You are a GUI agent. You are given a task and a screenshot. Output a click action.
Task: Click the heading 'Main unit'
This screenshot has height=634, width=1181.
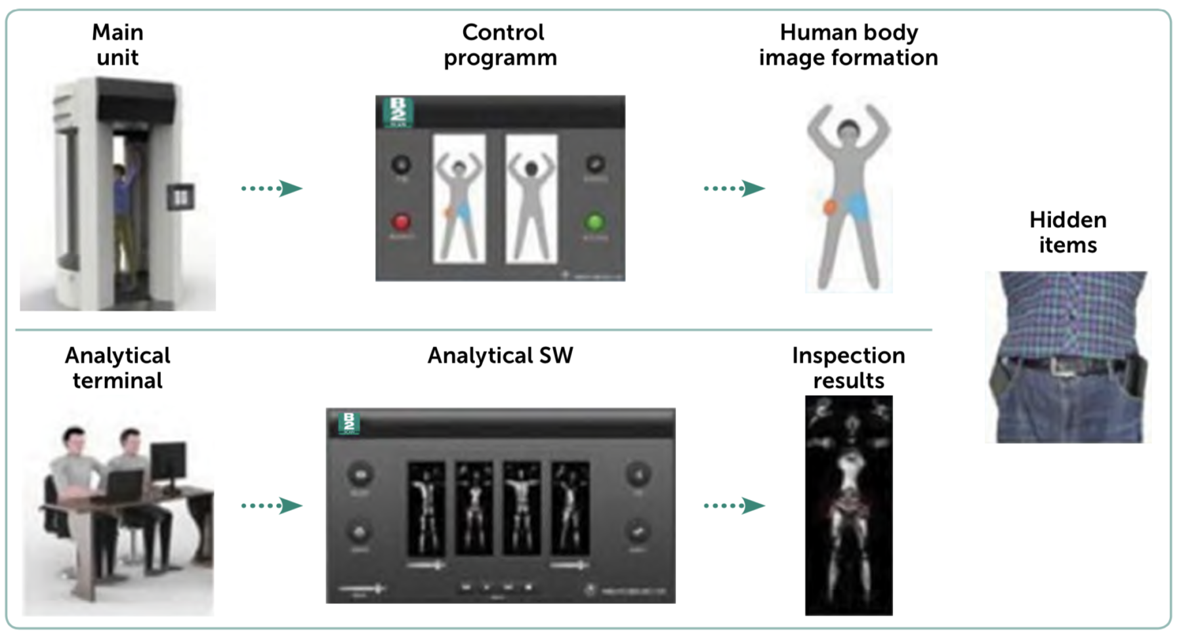(117, 45)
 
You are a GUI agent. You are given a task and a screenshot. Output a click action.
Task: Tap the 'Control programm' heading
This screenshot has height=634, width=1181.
(502, 45)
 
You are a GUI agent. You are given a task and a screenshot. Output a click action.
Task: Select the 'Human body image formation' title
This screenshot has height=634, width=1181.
(848, 45)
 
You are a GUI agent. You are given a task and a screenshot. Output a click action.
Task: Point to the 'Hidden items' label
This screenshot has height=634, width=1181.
(1067, 232)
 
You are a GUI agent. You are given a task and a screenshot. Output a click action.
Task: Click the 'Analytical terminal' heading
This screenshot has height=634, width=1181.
(117, 368)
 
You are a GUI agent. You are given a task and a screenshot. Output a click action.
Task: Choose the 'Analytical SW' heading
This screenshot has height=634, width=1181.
(500, 356)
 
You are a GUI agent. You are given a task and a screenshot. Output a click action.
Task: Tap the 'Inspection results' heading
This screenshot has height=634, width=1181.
(848, 368)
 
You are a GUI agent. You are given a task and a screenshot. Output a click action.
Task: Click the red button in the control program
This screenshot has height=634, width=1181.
(401, 222)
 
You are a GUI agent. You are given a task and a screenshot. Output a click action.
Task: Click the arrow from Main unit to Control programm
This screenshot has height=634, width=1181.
(272, 188)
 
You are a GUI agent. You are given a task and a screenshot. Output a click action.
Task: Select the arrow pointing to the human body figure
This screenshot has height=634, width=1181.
(735, 188)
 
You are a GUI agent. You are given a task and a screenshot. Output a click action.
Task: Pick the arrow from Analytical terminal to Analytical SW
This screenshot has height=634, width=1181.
(272, 505)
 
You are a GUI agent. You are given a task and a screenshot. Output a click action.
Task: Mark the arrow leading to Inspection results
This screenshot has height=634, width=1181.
(735, 505)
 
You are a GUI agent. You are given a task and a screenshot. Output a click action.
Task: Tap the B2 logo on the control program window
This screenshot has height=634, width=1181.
(398, 112)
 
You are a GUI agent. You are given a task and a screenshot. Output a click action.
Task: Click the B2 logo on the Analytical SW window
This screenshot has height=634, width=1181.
(349, 423)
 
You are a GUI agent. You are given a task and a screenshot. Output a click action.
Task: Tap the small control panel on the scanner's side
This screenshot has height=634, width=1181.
(180, 197)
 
